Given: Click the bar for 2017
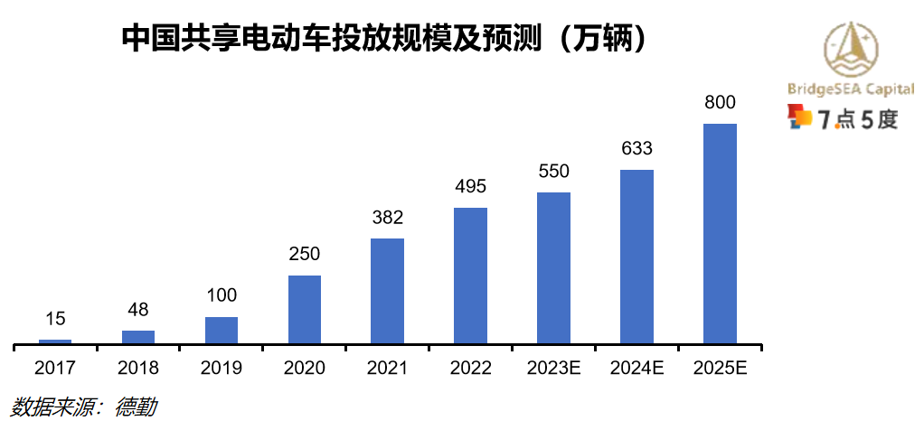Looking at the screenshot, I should [x=55, y=341].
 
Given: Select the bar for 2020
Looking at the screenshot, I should [x=305, y=309].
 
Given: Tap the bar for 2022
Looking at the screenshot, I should [x=470, y=276].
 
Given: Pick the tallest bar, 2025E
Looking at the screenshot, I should [x=720, y=233].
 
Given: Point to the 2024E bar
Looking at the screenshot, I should [x=636, y=257].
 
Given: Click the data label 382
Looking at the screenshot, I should [x=387, y=218].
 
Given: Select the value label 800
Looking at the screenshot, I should [x=720, y=103].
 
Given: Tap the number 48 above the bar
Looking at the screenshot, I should [x=138, y=310].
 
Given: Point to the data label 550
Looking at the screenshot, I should [x=553, y=172].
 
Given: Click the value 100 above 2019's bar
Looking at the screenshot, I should [x=222, y=296].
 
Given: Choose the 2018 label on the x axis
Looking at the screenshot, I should [x=138, y=369].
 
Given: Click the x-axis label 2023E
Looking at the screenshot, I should [x=553, y=369].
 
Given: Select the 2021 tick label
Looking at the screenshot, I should [x=387, y=369].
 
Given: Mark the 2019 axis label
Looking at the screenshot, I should [x=222, y=369].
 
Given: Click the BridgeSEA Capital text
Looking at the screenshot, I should [x=850, y=89].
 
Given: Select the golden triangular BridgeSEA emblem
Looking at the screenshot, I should [x=851, y=49].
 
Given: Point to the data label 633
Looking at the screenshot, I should [x=636, y=148].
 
